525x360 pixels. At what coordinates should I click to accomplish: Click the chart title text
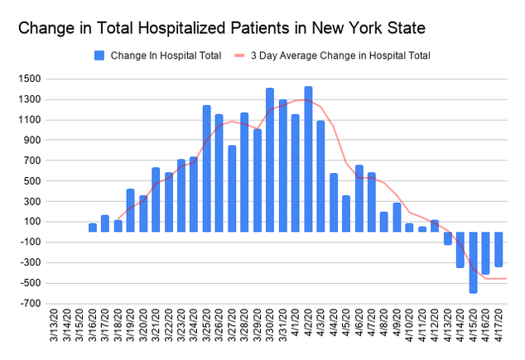click(x=222, y=28)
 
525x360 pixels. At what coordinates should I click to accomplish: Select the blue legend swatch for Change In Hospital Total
click(x=99, y=55)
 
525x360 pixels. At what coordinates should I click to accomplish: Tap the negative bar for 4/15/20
click(x=473, y=262)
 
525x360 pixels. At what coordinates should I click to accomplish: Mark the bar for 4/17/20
click(x=499, y=249)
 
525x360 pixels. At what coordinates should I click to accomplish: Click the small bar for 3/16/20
click(x=92, y=228)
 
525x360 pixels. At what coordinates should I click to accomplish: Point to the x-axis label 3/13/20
click(x=55, y=332)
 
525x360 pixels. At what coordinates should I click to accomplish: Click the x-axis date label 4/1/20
click(x=296, y=332)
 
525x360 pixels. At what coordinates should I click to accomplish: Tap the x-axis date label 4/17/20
click(x=499, y=332)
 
